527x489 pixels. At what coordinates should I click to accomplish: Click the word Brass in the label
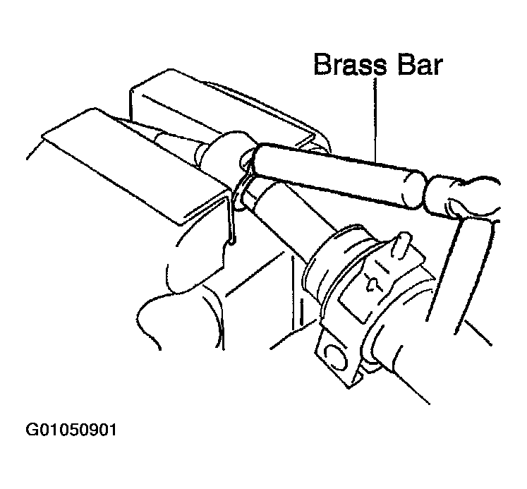coord(350,64)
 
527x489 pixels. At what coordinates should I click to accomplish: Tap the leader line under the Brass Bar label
coord(375,121)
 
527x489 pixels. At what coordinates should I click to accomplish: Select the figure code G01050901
coord(71,430)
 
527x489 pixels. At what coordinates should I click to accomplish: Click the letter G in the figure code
coord(32,430)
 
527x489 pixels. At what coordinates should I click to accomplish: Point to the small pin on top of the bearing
coord(401,245)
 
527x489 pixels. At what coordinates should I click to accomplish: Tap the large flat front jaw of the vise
coord(135,164)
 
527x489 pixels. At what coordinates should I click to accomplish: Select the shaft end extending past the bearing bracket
coord(400,370)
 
